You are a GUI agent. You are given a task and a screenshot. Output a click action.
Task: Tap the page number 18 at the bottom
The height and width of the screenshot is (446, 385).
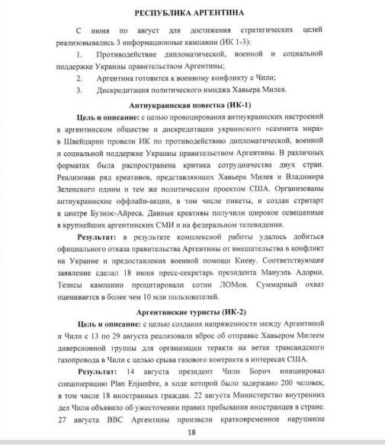(x=192, y=432)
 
